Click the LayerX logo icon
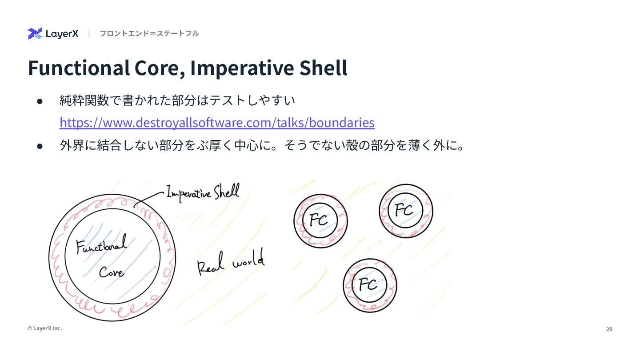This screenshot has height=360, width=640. pyautogui.click(x=35, y=33)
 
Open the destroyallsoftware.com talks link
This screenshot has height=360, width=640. pyautogui.click(x=217, y=122)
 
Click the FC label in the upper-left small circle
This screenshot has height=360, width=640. pyautogui.click(x=319, y=220)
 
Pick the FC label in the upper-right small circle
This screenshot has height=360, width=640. pyautogui.click(x=404, y=210)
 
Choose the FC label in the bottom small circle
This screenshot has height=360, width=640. pyautogui.click(x=368, y=284)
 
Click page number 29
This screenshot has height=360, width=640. pyautogui.click(x=609, y=329)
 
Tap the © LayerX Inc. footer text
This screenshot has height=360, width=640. pyautogui.click(x=44, y=328)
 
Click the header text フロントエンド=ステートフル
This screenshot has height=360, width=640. pyautogui.click(x=149, y=33)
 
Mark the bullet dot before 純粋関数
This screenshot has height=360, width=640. pyautogui.click(x=40, y=101)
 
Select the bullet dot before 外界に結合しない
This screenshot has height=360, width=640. pyautogui.click(x=40, y=146)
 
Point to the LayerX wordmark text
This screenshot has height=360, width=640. pyautogui.click(x=62, y=34)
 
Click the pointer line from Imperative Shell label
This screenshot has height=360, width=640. pyautogui.click(x=149, y=198)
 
